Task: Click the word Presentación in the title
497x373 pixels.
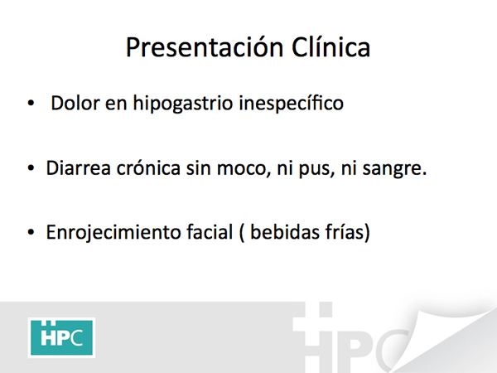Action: [x=205, y=48]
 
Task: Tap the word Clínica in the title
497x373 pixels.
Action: [x=331, y=47]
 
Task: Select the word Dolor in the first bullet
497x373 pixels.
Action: [x=75, y=103]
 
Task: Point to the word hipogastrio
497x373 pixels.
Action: [x=183, y=104]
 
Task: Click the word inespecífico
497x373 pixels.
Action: [x=292, y=104]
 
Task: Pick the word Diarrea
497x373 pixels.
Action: [x=79, y=167]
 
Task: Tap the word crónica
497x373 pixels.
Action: [x=148, y=167]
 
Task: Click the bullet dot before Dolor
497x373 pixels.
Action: [x=31, y=103]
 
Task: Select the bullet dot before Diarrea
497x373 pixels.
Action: [x=31, y=167]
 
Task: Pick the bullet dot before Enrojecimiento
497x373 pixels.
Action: [x=31, y=232]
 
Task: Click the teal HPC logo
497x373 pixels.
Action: [x=61, y=338]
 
